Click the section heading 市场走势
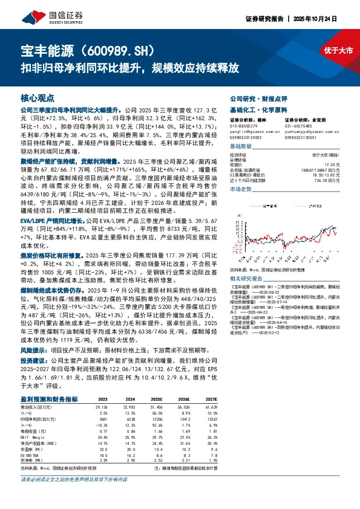pyautogui.click(x=242, y=189)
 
